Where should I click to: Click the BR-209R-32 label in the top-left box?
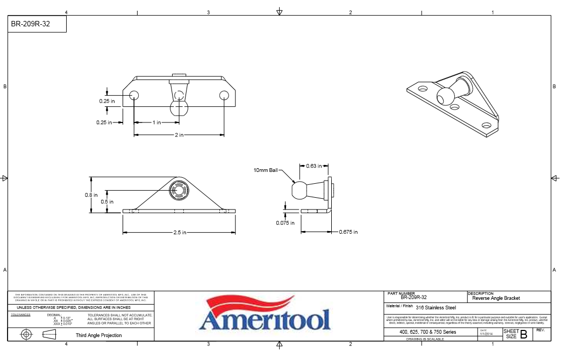(x=31, y=24)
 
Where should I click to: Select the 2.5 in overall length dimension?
(x=179, y=233)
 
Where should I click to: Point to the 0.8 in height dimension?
(x=91, y=196)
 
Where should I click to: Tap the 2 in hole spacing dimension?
(x=179, y=135)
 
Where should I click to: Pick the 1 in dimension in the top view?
(x=156, y=123)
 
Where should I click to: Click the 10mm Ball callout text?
(x=266, y=170)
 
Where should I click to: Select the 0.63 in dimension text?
(x=314, y=166)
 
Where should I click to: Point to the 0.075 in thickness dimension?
(x=285, y=223)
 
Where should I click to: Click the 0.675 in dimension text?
(x=348, y=232)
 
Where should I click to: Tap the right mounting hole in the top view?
(x=224, y=96)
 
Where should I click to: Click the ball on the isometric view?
(x=445, y=97)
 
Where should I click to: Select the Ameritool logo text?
(x=264, y=321)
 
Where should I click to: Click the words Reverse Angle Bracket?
(x=496, y=298)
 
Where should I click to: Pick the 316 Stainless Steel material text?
(x=436, y=308)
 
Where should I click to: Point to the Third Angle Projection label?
(x=98, y=335)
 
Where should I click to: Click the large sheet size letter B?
(x=523, y=335)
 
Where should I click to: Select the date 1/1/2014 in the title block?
(x=486, y=334)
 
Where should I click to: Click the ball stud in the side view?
(x=301, y=190)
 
